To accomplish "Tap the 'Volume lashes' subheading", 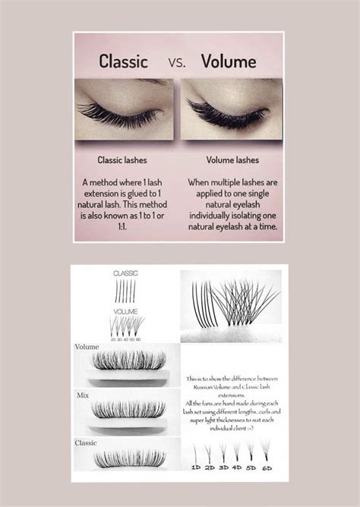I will (x=231, y=161).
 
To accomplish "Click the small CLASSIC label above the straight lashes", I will (x=125, y=272).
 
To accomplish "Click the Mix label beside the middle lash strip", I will (x=83, y=395).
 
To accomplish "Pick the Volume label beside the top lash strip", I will (x=87, y=347).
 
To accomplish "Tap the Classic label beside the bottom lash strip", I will (x=86, y=442).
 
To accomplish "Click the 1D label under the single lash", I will (x=196, y=468).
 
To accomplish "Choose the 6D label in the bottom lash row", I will (x=268, y=468).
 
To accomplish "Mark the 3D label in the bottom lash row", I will (x=225, y=468).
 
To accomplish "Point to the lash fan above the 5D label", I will (x=251, y=449).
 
